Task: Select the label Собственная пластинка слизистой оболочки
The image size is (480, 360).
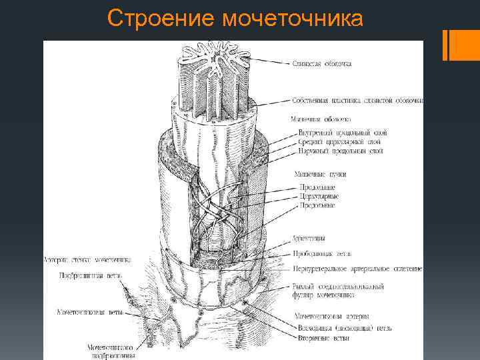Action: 357,101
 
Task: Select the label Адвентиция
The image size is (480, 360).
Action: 309,238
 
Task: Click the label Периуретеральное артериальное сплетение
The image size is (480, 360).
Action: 357,269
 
